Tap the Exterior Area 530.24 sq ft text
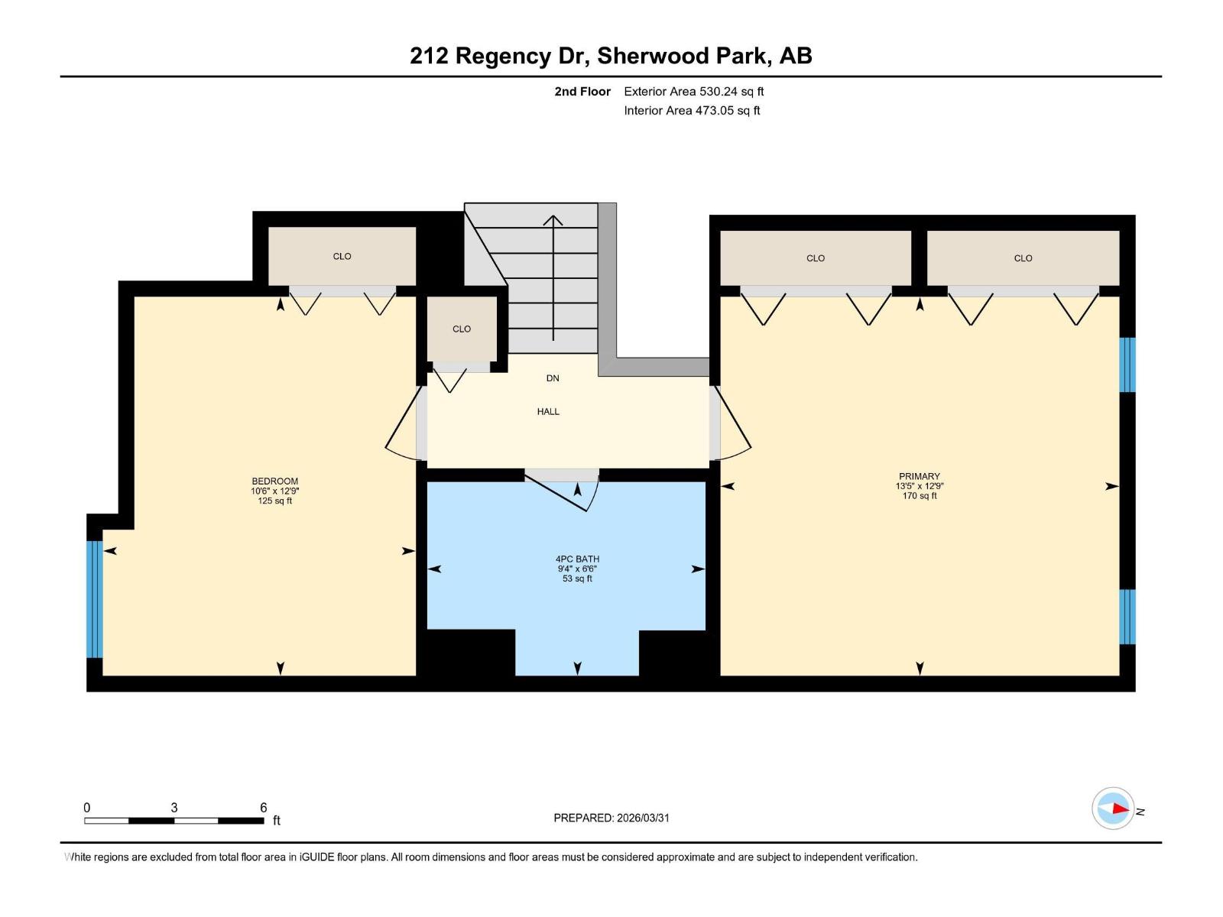tap(693, 92)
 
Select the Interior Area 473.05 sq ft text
tap(692, 111)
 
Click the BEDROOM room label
tap(274, 481)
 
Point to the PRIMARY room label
tap(919, 476)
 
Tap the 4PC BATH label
tap(577, 559)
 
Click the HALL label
tap(548, 412)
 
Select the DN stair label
tap(553, 378)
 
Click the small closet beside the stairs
tap(461, 329)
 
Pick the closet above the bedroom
tap(342, 257)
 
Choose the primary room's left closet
tap(816, 258)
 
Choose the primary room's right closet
tap(1023, 258)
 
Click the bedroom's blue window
tap(94, 599)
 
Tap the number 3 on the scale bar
tap(174, 808)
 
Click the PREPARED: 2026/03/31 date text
tap(611, 818)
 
